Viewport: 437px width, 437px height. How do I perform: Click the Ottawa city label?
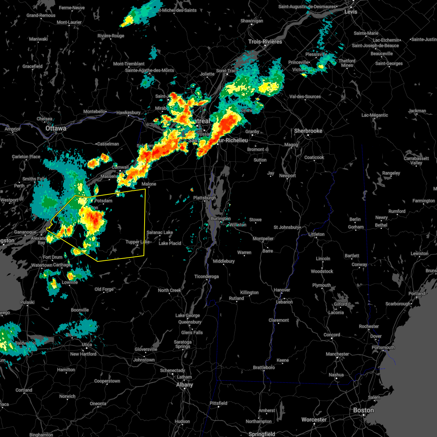coord(56,129)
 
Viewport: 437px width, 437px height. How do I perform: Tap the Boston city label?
coord(363,410)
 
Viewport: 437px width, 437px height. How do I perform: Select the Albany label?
coord(185,385)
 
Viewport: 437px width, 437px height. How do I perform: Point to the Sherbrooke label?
coord(308,131)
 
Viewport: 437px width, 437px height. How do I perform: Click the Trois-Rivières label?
coord(265,42)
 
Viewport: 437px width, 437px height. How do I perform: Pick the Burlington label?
coord(221,219)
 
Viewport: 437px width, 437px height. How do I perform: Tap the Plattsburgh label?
coord(205,198)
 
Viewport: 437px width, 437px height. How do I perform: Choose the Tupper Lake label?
coord(137,242)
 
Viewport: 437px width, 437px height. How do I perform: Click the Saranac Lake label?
coord(160,232)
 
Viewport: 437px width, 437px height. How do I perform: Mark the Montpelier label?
coord(263,239)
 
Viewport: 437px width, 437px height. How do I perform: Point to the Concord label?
coord(332,335)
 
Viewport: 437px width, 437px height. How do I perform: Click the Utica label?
coord(87,345)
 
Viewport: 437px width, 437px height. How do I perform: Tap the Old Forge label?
coord(104,289)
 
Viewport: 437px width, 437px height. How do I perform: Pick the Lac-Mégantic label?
coord(375,115)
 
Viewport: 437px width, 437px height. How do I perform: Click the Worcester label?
coord(314,420)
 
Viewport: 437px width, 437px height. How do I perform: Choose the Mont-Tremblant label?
coord(129,64)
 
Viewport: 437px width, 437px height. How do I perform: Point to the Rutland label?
coord(236,298)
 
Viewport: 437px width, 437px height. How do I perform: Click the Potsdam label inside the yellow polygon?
coord(103,201)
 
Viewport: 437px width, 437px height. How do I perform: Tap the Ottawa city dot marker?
coord(56,133)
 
